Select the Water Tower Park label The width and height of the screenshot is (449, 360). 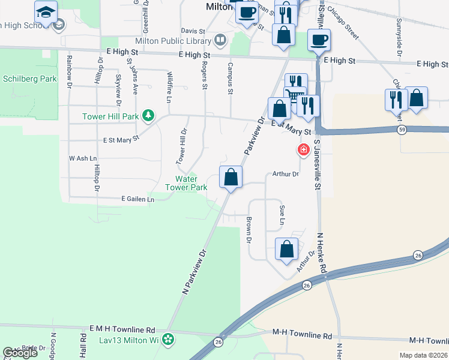point(191,183)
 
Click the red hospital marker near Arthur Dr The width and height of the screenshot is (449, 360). point(304,149)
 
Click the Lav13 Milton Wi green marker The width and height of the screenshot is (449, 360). point(169,340)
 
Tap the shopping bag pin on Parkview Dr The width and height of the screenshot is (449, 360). point(231,178)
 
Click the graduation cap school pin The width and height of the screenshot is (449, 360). point(46,12)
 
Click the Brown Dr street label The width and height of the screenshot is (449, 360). point(248,230)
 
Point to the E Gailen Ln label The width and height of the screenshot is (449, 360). point(137,199)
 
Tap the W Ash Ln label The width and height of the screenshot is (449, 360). point(83,158)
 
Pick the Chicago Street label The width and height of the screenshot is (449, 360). point(349,28)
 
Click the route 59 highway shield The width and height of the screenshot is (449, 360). point(400,129)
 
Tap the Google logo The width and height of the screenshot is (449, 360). point(20,353)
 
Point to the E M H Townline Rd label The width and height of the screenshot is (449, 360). point(122,329)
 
